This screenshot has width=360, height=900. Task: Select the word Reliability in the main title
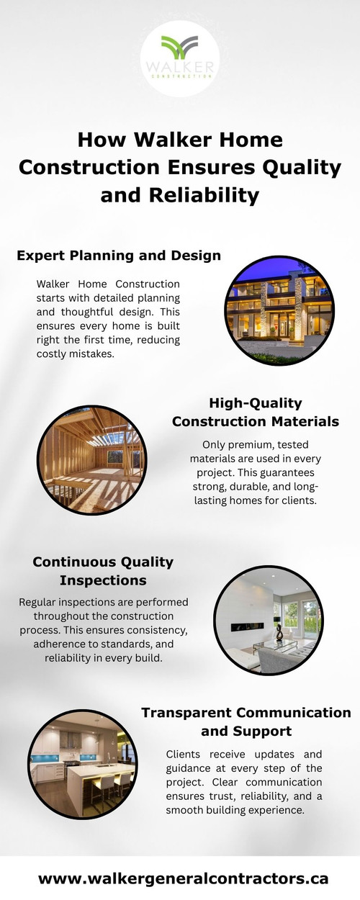[x=179, y=194]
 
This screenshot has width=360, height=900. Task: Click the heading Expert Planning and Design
[x=119, y=256]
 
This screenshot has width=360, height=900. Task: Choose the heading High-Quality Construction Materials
[x=256, y=412]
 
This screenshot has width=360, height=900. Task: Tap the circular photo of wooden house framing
[x=91, y=459]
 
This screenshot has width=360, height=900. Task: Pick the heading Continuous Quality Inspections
[x=103, y=571]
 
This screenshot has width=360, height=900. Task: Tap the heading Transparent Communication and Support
[x=246, y=721]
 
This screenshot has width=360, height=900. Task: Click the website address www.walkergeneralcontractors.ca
[x=183, y=878]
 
